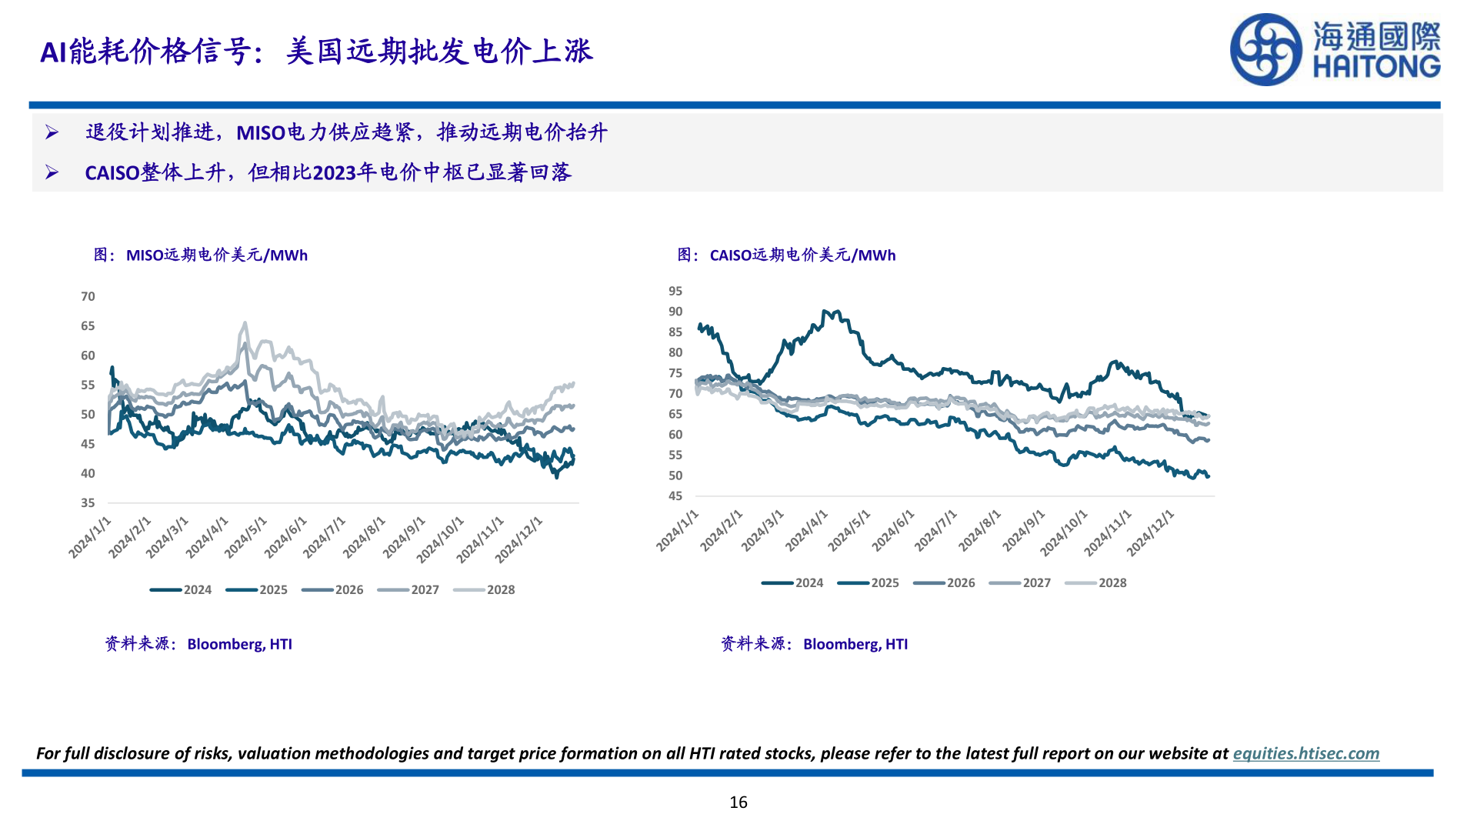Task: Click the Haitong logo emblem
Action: coord(1265,50)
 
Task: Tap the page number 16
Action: coord(738,803)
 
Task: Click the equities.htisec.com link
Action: coord(1305,753)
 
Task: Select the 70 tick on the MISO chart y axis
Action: coord(88,296)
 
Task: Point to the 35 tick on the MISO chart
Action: coord(88,502)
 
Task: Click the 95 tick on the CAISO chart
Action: coord(675,291)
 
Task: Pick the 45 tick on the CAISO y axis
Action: coord(675,496)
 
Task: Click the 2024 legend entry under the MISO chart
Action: coord(182,589)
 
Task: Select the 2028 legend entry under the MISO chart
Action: coord(485,589)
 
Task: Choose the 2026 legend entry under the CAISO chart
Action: coord(945,582)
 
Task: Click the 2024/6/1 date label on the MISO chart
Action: coord(287,537)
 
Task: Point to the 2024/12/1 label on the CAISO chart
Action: coord(1152,532)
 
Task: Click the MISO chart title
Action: coord(201,255)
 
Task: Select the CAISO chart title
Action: coord(786,255)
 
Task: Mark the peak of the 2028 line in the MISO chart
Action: coord(245,323)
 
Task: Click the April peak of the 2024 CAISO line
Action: coord(825,312)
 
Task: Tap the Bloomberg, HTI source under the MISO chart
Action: coord(239,644)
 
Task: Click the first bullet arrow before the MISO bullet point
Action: coord(52,132)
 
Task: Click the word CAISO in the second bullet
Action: coord(112,172)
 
